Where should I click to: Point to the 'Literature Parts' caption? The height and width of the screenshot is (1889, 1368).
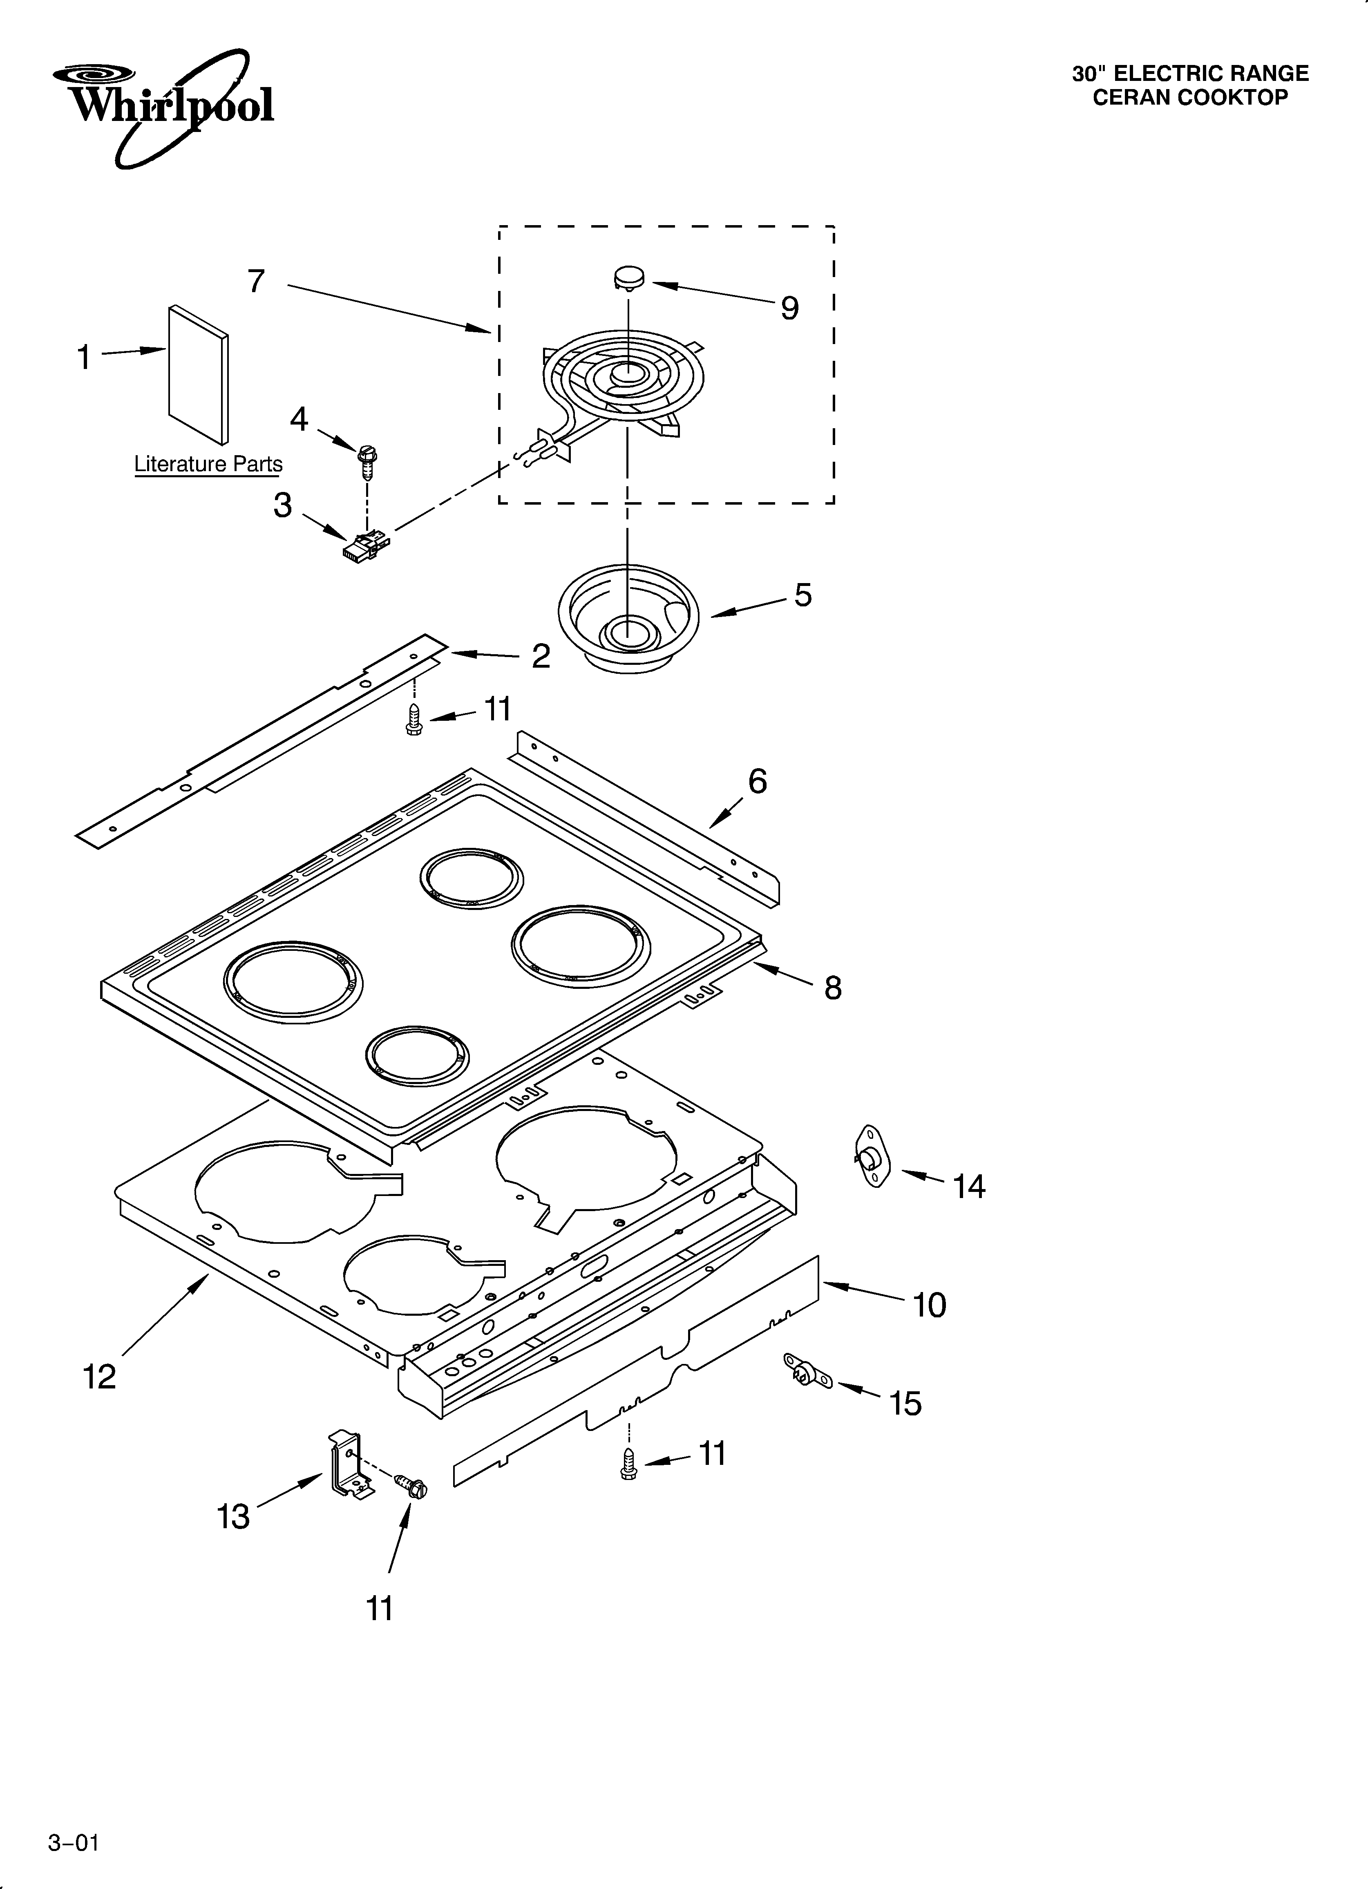tap(208, 464)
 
